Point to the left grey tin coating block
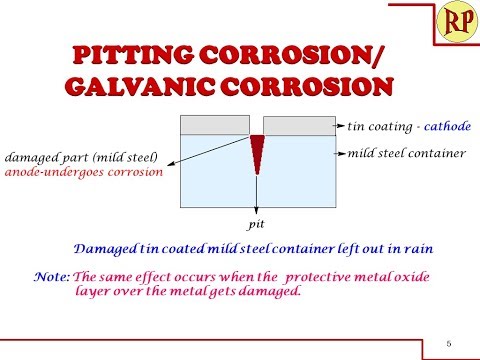(213, 126)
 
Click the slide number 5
(448, 345)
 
